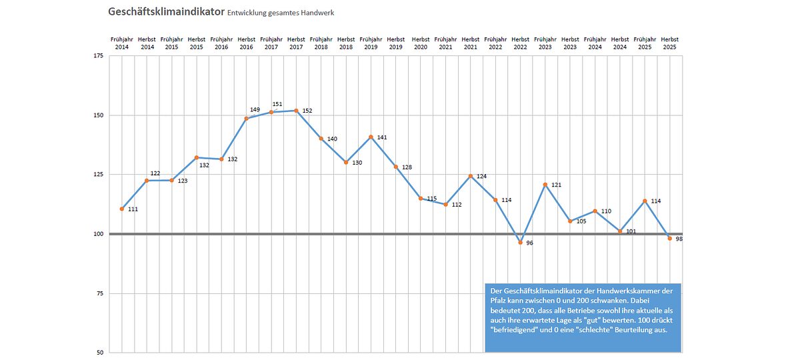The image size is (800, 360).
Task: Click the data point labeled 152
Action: point(296,111)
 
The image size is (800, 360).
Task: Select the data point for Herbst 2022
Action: point(521,242)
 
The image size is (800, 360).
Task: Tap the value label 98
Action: point(678,238)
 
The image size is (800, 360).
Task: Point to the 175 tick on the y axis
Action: point(98,56)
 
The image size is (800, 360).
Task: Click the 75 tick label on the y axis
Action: point(99,293)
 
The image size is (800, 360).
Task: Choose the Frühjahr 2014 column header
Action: point(122,43)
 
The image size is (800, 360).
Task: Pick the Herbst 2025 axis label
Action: point(670,43)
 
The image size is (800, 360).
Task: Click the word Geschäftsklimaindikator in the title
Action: point(165,12)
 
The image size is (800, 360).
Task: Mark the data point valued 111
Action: point(122,209)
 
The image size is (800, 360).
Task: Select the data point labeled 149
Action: point(247,119)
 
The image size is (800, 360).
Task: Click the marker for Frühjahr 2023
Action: point(545,184)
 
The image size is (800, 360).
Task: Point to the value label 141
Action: point(382,137)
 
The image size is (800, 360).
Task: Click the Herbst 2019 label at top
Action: point(396,43)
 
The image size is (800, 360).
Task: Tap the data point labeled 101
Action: point(620,231)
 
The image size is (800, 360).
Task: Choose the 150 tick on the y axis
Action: point(98,115)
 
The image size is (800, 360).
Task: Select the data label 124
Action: point(481,177)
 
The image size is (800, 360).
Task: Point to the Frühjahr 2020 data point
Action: point(421,198)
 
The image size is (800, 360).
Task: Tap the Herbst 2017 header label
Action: point(296,43)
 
